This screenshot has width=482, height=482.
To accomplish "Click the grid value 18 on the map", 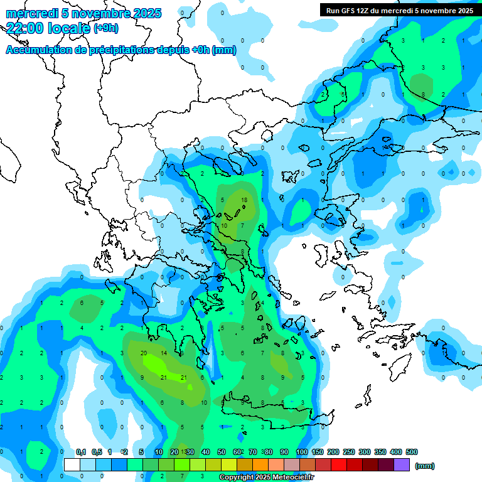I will [x=244, y=200].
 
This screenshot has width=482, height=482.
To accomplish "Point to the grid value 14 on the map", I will [x=164, y=353].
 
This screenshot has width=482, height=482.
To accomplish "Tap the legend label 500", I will [x=412, y=452].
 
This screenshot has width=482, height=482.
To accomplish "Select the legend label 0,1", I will [x=81, y=452].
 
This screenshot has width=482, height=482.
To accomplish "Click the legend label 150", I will [x=318, y=452].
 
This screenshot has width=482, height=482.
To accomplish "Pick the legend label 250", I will [x=349, y=452].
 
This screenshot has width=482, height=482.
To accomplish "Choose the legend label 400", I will [x=395, y=452].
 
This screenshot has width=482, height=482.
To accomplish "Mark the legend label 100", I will [x=302, y=452].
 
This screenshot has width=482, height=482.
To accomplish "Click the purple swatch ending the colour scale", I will [x=402, y=465].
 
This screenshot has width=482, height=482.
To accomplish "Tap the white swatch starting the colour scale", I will [x=72, y=465].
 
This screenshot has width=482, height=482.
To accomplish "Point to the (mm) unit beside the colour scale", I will [x=425, y=466].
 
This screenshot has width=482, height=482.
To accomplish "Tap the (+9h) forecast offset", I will [x=105, y=28].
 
